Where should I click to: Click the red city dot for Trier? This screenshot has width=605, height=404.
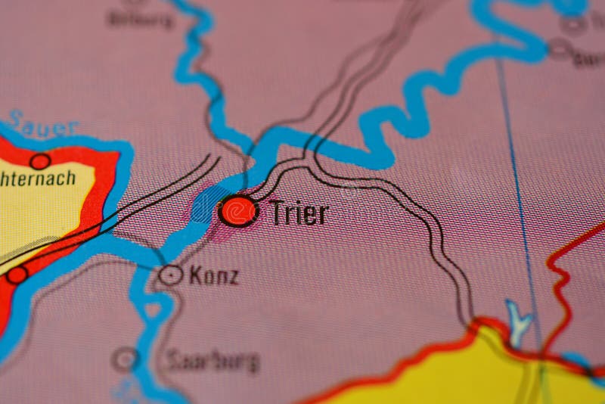click(x=238, y=211)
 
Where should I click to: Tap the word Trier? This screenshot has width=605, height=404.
click(x=299, y=213)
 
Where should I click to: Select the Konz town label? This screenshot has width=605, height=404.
click(x=213, y=276)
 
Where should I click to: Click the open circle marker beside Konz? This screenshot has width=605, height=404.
click(x=171, y=275)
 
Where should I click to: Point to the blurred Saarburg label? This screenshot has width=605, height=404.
click(x=213, y=360)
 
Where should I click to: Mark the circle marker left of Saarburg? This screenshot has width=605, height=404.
click(x=126, y=359)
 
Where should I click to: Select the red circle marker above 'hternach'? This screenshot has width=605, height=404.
click(x=40, y=160)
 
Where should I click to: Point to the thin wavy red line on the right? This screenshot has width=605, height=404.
click(x=560, y=287)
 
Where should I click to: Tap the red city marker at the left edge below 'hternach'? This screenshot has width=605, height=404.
click(x=17, y=275)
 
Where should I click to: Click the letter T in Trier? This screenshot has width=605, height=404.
click(x=277, y=213)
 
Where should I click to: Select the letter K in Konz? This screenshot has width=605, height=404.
click(x=194, y=276)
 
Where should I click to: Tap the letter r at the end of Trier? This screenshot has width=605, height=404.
click(x=323, y=216)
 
